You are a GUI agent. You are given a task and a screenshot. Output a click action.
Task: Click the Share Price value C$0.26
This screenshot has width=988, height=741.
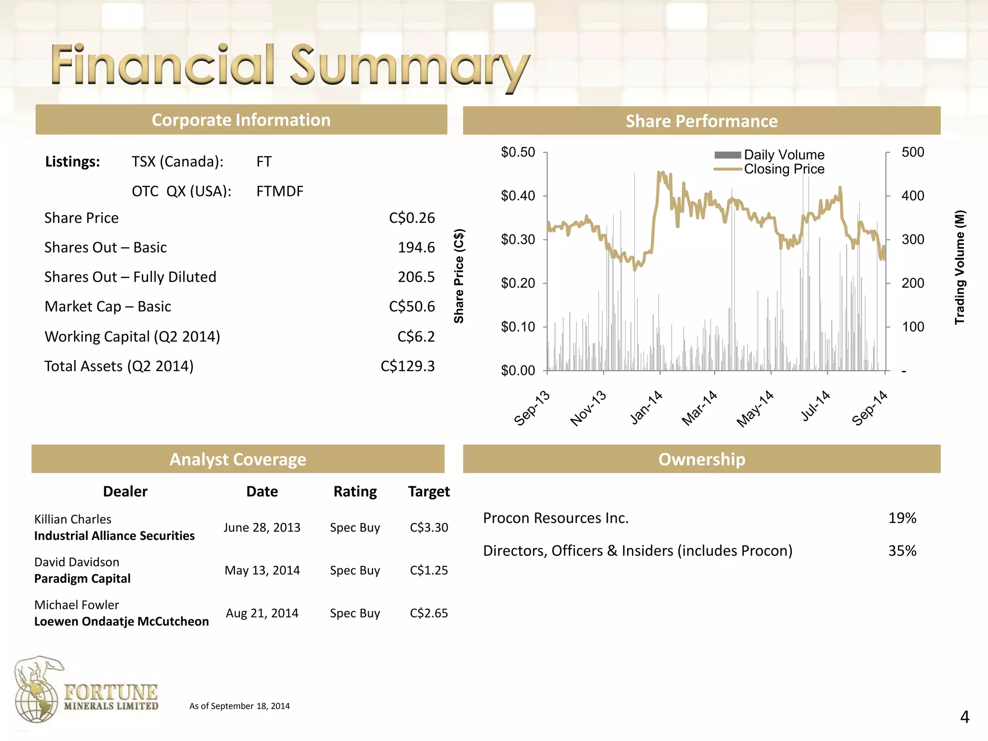click(412, 218)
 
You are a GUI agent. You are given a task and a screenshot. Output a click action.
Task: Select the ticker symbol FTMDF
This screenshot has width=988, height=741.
click(280, 192)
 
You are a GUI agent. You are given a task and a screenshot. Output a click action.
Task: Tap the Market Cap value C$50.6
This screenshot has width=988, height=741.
click(412, 307)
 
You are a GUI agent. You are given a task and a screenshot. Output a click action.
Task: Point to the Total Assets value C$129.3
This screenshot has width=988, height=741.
click(407, 366)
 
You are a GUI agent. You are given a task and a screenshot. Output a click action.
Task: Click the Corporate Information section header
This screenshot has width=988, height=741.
click(241, 120)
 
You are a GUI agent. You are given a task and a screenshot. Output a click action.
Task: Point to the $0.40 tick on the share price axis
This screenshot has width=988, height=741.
click(518, 196)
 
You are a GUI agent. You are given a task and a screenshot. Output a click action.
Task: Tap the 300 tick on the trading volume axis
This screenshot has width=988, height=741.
click(913, 239)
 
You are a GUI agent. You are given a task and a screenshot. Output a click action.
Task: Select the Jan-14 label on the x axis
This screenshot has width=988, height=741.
click(646, 408)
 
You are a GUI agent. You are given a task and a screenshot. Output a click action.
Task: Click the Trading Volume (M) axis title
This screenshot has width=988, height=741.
click(960, 267)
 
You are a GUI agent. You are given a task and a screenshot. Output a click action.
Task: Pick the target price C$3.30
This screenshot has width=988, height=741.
click(429, 528)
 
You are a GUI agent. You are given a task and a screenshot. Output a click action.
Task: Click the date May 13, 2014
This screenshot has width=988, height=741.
click(262, 571)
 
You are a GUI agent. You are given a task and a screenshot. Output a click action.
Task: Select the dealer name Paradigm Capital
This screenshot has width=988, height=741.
click(82, 579)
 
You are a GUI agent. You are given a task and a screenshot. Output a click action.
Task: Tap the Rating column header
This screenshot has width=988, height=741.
click(355, 492)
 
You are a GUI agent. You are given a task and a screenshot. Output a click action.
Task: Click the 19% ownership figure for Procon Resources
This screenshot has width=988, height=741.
click(902, 518)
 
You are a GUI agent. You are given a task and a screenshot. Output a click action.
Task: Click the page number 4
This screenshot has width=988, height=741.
click(964, 717)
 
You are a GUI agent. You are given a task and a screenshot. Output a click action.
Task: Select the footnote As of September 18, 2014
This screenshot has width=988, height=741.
click(239, 706)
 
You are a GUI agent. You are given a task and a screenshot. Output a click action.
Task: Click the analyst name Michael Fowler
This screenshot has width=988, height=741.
click(77, 605)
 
